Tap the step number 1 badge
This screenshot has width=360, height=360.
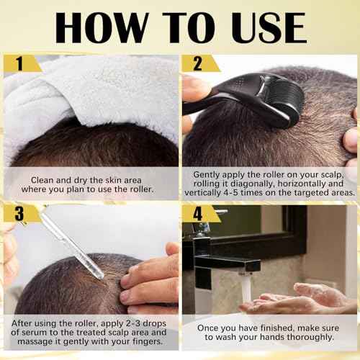coord(19,64)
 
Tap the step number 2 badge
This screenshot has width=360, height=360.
coord(194,64)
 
